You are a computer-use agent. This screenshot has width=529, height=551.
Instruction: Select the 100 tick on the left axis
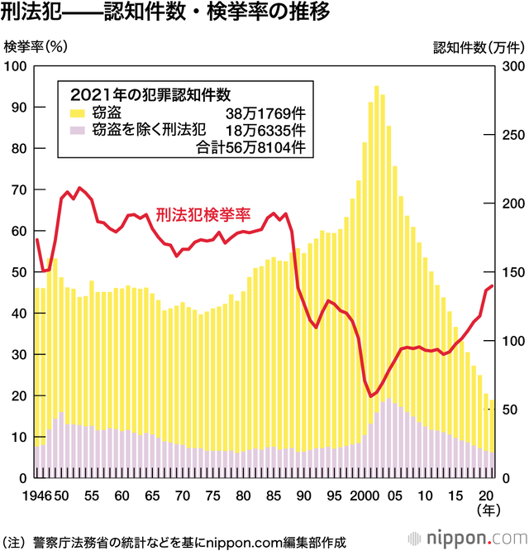[x=17, y=66]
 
